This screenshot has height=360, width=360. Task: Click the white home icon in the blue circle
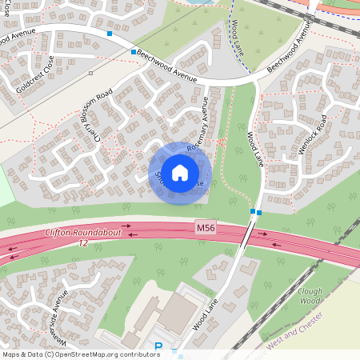pos(180,172)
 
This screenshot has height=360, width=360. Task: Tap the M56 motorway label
pos(206,229)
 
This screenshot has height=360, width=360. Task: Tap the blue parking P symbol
pos(158,347)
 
